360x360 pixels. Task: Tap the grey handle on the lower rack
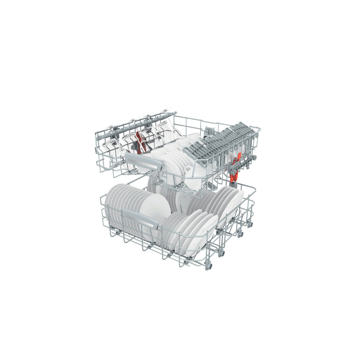[x=140, y=218]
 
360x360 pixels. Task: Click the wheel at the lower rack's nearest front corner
[x=208, y=265]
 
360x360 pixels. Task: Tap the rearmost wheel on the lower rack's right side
[x=250, y=224]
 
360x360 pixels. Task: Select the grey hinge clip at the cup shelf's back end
[x=208, y=132]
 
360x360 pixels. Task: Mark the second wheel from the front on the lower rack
[x=221, y=253]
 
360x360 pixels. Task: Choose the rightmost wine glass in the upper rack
[x=166, y=130]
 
